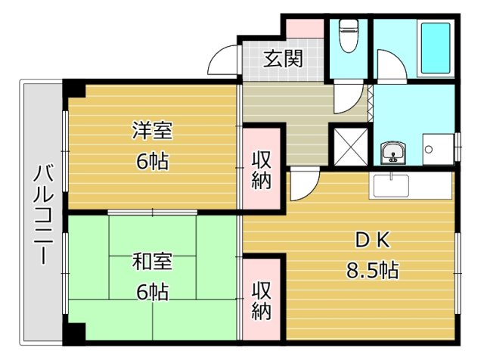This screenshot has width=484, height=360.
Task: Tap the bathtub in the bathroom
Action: (436, 48)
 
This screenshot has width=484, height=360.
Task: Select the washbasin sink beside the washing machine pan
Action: (393, 153)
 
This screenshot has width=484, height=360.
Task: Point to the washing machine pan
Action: (438, 150)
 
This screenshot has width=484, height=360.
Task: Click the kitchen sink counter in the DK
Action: (411, 185)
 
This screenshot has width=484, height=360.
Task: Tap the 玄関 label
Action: (283, 58)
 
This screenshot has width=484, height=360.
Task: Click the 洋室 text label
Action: (152, 131)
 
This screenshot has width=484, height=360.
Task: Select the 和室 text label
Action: (152, 261)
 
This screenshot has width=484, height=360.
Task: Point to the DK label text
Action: (373, 240)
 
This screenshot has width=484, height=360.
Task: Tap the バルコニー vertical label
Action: (44, 215)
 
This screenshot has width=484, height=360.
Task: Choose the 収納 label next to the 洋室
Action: (261, 170)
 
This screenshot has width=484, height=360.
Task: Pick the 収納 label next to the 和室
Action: (261, 301)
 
